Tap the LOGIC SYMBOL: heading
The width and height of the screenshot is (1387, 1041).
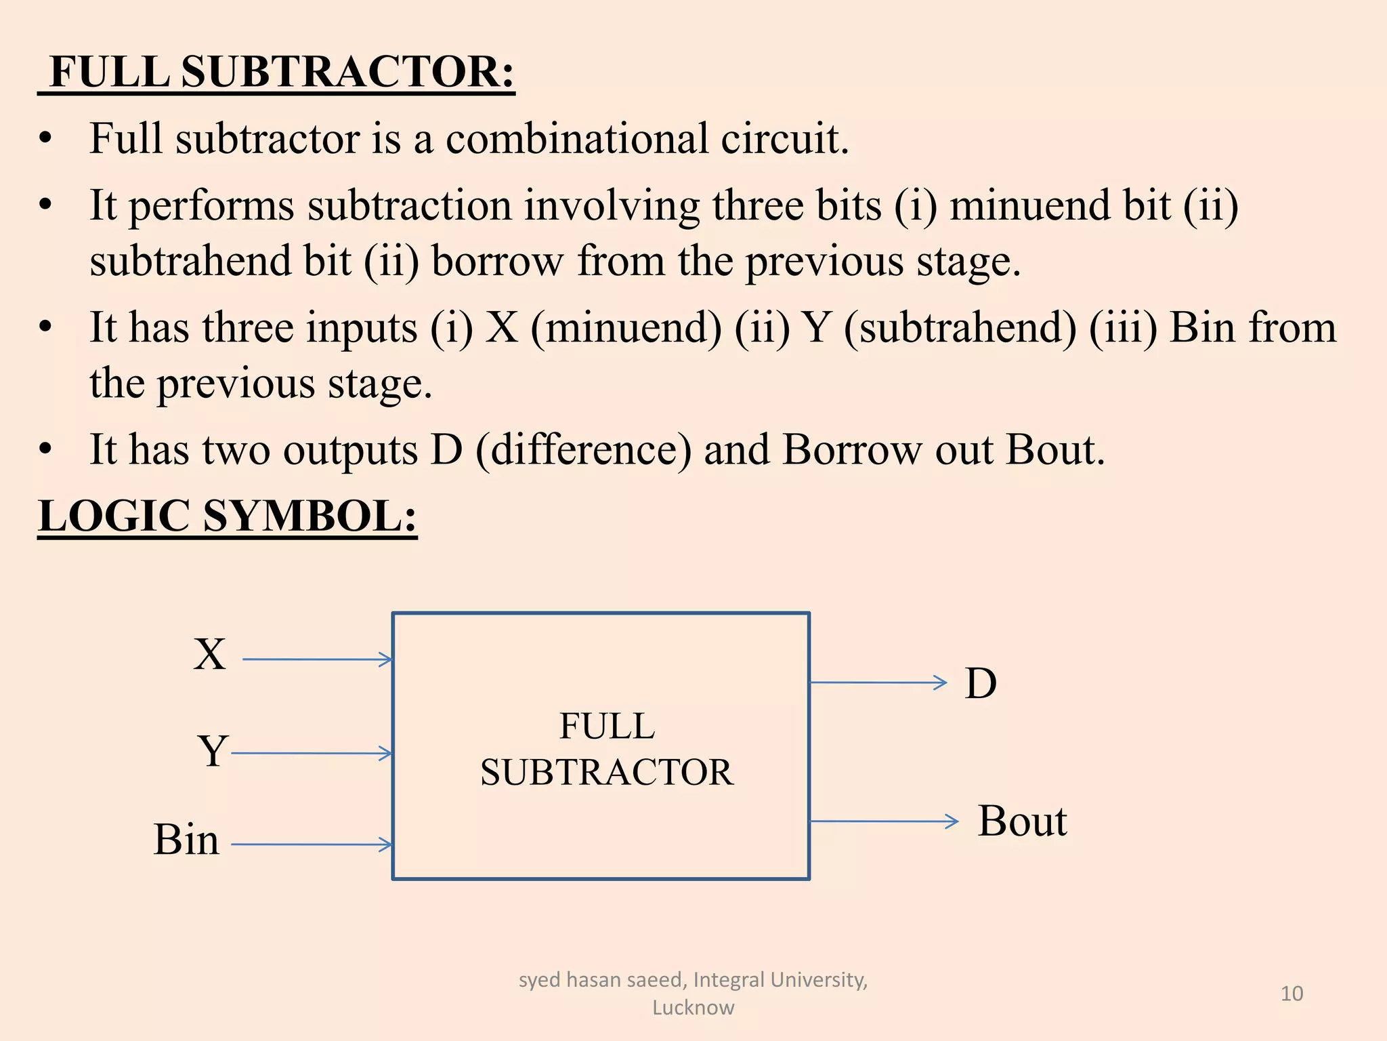(228, 516)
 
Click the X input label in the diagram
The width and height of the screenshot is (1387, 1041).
(209, 655)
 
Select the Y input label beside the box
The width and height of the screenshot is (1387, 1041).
(213, 751)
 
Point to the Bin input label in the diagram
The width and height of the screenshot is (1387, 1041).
(186, 840)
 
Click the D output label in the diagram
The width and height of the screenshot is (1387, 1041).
(981, 683)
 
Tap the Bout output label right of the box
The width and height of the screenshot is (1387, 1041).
(1022, 821)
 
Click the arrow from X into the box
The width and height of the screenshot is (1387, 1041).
(317, 659)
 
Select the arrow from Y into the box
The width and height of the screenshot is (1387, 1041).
(311, 753)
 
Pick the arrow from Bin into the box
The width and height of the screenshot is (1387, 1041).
(311, 844)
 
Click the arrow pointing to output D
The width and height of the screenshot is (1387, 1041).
(878, 682)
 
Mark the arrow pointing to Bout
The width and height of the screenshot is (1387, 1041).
(884, 821)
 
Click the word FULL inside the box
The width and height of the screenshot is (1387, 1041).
(607, 727)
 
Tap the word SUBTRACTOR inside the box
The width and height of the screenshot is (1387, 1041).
(607, 773)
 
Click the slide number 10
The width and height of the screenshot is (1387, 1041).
(1292, 994)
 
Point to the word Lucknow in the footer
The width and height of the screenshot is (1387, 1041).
(693, 1008)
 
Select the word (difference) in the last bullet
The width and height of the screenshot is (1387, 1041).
(584, 450)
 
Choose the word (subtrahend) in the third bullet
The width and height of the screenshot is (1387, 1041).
(960, 328)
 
